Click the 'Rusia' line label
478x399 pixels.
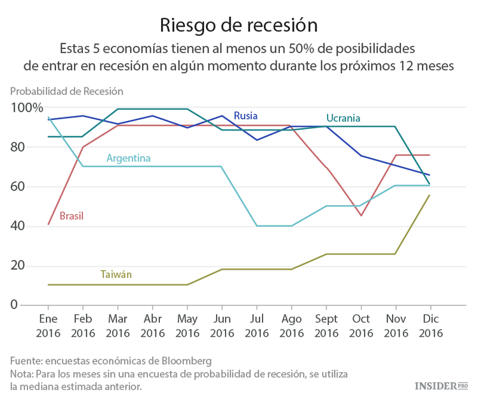[x=245, y=115]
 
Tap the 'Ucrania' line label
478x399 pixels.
[x=343, y=118]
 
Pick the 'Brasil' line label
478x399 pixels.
[x=71, y=216]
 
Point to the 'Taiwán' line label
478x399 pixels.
[x=116, y=275]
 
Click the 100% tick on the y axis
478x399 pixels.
[x=27, y=108]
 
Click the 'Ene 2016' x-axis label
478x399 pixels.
[x=48, y=325]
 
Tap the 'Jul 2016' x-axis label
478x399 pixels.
[x=256, y=325]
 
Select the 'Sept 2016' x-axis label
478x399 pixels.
[x=326, y=325]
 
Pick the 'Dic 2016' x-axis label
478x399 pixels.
[x=430, y=325]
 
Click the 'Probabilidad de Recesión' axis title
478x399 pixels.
[x=66, y=92]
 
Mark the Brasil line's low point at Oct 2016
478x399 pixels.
[x=361, y=215]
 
